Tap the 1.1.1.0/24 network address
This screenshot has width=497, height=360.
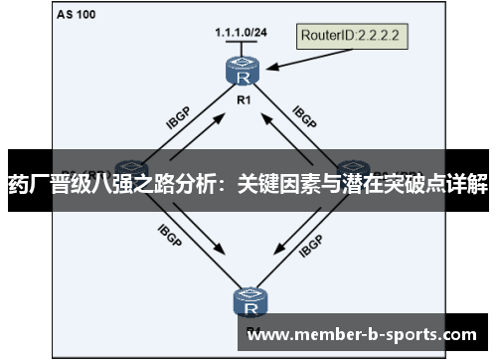point(240,33)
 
